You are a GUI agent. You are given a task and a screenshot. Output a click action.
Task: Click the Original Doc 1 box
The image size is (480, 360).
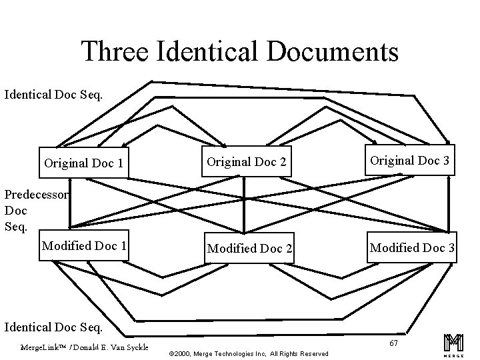click(83, 163)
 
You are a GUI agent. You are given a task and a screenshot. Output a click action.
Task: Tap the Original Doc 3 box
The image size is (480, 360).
click(409, 161)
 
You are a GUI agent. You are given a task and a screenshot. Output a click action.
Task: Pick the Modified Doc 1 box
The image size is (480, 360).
click(84, 246)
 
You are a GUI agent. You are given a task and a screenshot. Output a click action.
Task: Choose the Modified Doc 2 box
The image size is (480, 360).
click(249, 248)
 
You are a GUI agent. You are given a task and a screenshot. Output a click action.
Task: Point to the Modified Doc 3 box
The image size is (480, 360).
click(412, 248)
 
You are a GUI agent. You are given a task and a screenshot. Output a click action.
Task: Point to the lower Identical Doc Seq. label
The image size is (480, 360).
click(54, 327)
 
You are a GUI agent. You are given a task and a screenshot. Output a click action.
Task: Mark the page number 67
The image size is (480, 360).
click(394, 342)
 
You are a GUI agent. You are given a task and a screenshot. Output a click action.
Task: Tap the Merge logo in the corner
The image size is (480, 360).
click(453, 343)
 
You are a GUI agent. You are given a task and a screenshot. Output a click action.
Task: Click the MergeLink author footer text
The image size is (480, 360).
click(84, 347)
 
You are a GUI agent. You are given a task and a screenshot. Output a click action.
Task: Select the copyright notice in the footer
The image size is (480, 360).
click(249, 353)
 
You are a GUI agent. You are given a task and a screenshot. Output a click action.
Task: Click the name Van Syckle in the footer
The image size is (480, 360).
click(131, 347)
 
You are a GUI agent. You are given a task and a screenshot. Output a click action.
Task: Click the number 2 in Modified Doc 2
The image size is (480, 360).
click(288, 248)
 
